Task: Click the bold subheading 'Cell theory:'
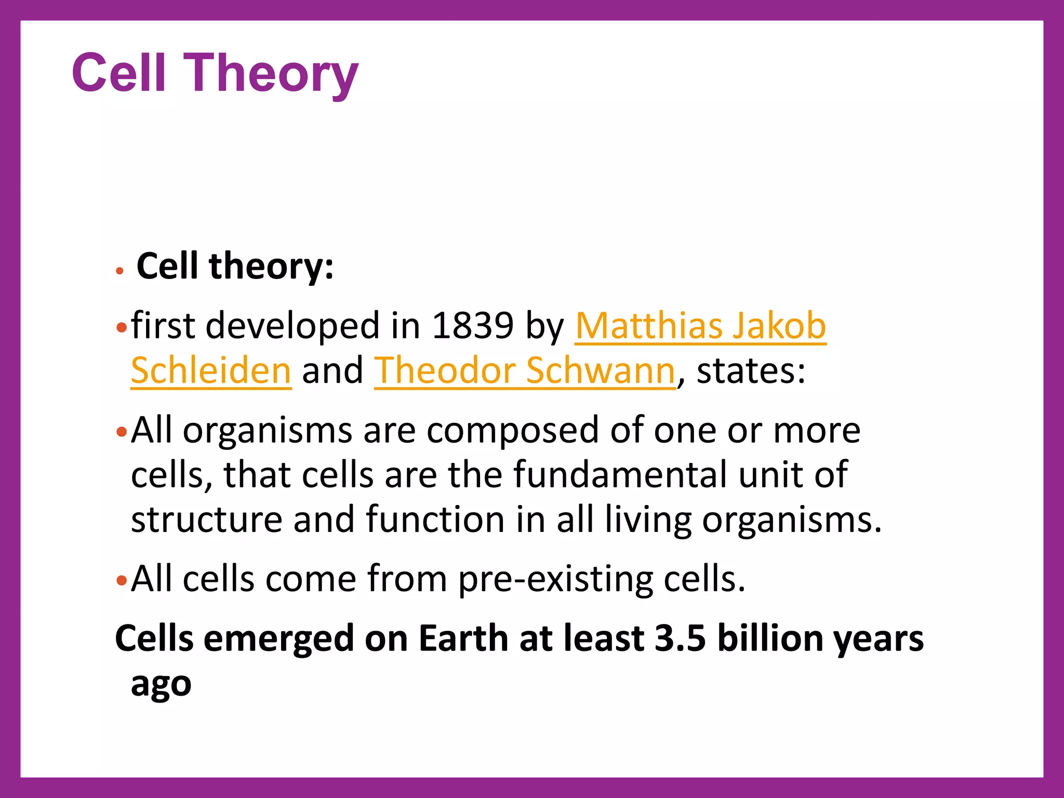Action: coord(235,266)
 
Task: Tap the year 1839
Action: coord(473,326)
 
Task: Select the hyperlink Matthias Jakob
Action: coord(700,326)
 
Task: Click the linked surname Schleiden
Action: coord(211,370)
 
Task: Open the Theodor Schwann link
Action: coord(525,370)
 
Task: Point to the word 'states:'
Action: coord(751,370)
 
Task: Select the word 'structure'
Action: coord(206,519)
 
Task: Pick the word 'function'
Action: coord(435,519)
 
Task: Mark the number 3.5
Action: coord(680,638)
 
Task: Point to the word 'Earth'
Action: coord(463,638)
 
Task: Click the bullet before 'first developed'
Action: coord(122,328)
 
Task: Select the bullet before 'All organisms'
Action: coord(122,432)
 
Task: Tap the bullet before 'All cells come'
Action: coord(122,580)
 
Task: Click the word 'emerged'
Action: coord(278,639)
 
